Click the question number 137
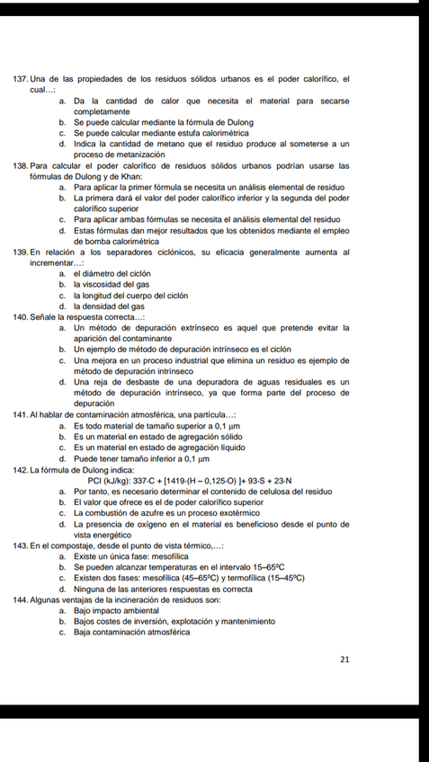(22, 80)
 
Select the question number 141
(22, 413)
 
